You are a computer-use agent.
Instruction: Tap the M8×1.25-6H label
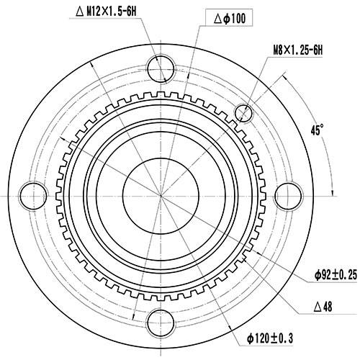tap(298, 50)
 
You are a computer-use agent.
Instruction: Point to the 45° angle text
tap(317, 130)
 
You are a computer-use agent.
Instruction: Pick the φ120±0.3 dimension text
tap(275, 338)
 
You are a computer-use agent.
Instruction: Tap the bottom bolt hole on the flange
tap(161, 320)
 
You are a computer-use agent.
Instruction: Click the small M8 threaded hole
tap(244, 114)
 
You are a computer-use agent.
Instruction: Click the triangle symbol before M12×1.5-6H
tap(81, 10)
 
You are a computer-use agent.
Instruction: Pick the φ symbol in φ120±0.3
tap(251, 338)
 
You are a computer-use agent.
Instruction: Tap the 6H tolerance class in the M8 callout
tap(317, 50)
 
